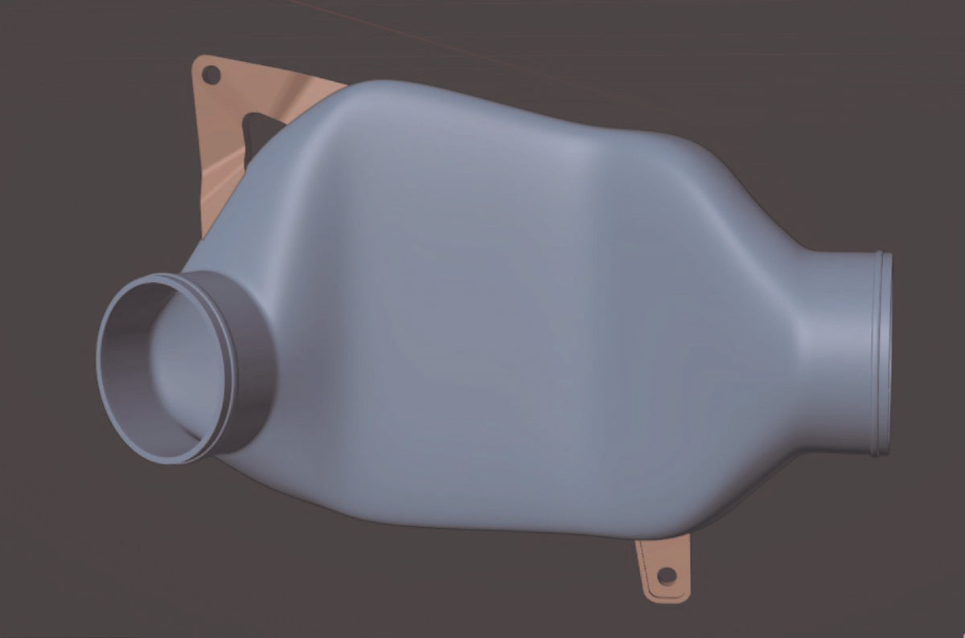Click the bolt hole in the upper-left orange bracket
pos(212,76)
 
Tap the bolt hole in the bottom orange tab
pos(667,575)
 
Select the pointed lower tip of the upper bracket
pos(204,233)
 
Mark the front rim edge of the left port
pos(100,370)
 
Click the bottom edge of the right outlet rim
pos(881,455)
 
